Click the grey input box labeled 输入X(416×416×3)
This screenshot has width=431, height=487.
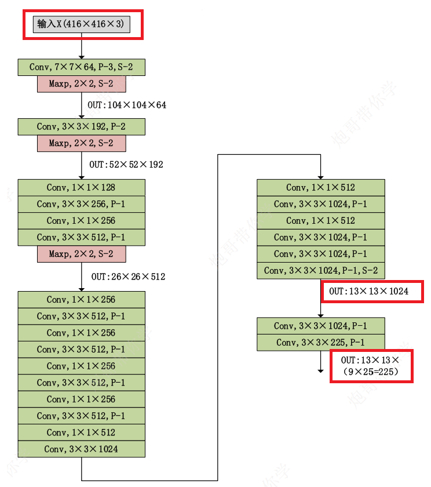tap(81, 24)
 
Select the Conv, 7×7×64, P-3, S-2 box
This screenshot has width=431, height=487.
tap(81, 67)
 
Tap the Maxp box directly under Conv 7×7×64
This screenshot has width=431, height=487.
tap(81, 84)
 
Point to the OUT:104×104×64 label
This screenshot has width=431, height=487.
tap(127, 105)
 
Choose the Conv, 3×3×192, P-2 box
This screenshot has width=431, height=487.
tap(81, 126)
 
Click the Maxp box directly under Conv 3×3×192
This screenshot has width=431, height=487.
tap(81, 143)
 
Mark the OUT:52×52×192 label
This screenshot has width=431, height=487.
tap(126, 165)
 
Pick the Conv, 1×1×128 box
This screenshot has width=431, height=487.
tap(81, 187)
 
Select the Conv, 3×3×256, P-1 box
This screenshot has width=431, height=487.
tap(81, 204)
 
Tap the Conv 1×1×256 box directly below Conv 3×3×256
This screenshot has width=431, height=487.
tap(81, 221)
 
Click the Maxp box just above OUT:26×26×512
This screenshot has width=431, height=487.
tap(81, 254)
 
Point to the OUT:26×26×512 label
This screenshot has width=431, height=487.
tap(128, 277)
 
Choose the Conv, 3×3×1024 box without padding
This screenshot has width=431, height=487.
tap(81, 449)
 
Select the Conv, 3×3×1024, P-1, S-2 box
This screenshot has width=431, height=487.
tap(321, 271)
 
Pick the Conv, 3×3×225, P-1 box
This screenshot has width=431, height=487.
tap(321, 343)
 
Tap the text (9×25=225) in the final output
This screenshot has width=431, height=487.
tap(371, 372)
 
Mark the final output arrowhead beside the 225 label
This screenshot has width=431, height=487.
tap(320, 370)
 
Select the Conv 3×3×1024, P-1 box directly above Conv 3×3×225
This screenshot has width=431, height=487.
tap(321, 326)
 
